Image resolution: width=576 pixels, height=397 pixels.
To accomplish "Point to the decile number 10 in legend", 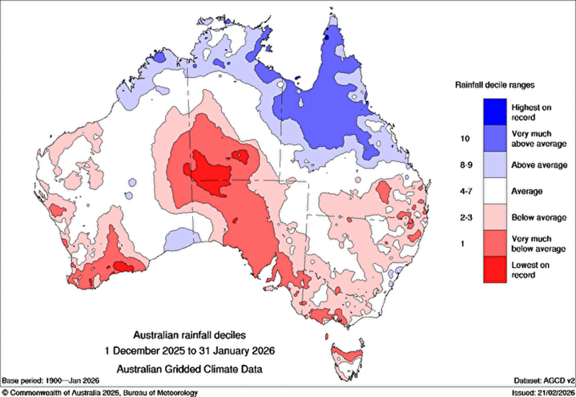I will [x=462, y=138].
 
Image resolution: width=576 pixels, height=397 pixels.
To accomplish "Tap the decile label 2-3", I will [x=462, y=217].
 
